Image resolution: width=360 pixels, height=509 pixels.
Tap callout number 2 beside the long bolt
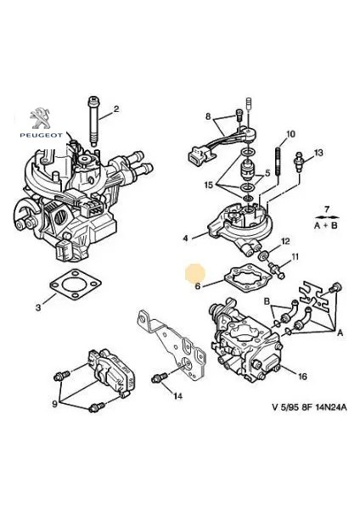point(116,108)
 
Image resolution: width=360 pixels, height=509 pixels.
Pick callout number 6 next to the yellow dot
point(197,286)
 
